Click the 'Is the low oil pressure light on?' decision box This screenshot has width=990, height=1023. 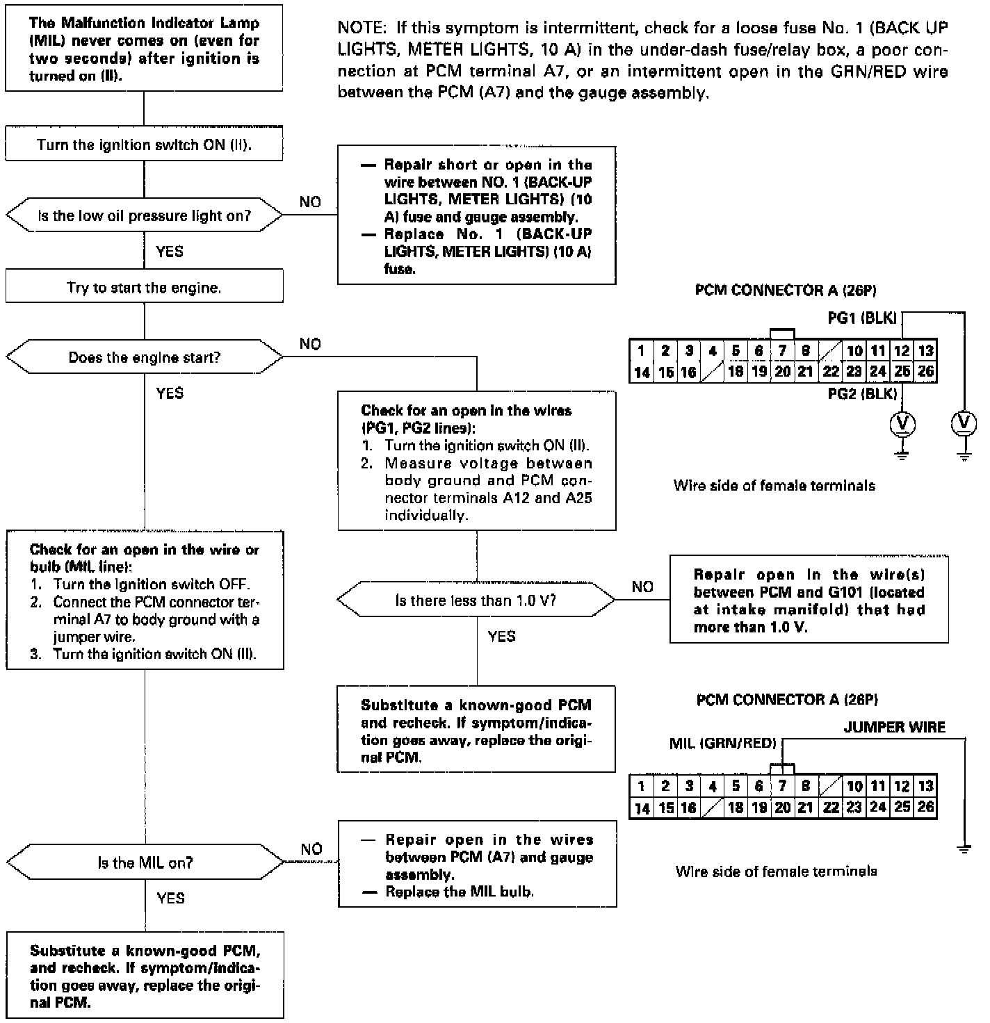tap(144, 216)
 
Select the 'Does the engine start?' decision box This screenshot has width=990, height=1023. tap(144, 358)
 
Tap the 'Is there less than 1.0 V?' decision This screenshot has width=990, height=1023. tap(476, 600)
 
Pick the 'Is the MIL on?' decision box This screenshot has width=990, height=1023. tap(145, 863)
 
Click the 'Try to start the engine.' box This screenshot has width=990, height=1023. tap(144, 288)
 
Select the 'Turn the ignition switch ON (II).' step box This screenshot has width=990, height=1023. tap(144, 145)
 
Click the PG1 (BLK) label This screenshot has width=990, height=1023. tap(863, 318)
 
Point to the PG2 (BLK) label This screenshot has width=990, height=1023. tap(863, 394)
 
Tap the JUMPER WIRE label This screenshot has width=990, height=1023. tap(894, 728)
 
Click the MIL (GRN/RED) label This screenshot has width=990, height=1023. tap(722, 744)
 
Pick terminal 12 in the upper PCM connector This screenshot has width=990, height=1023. tap(902, 351)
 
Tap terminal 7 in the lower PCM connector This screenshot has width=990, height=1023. tap(782, 786)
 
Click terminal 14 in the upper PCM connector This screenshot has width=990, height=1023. tap(641, 373)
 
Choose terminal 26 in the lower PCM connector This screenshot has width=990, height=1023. tap(925, 807)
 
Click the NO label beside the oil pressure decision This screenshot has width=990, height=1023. tap(310, 202)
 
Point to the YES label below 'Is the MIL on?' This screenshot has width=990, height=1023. tap(170, 899)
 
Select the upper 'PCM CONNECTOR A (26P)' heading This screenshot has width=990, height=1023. tap(785, 290)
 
